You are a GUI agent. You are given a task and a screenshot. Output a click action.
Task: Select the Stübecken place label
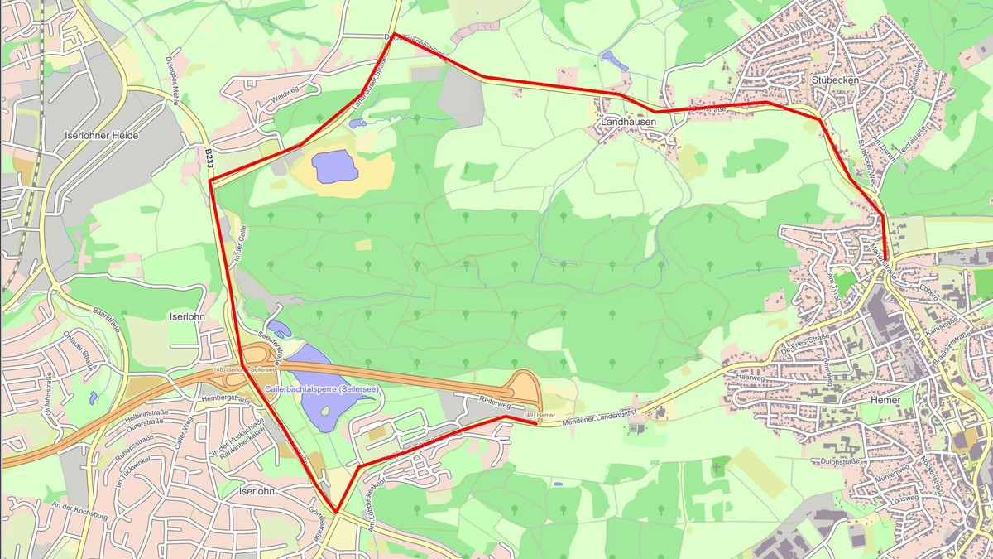coord(835,80)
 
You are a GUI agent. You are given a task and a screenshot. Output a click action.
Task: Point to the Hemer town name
coord(885,399)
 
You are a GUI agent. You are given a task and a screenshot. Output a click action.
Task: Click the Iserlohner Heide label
coord(101,135)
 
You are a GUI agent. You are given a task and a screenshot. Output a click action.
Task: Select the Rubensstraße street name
coord(133,448)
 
